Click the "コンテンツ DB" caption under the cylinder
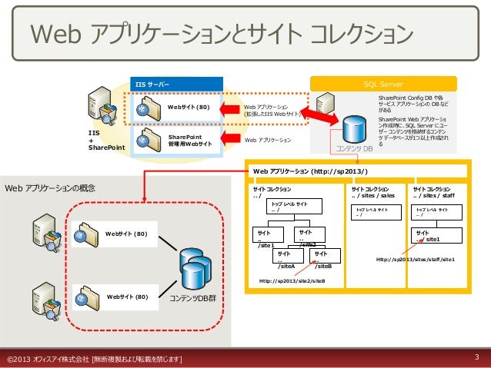(353, 148)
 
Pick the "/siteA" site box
(287, 260)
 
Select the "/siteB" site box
(322, 260)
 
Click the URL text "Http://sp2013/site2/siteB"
(292, 281)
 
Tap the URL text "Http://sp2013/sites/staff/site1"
(416, 260)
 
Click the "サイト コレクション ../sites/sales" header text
(373, 191)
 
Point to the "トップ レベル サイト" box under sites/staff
(434, 211)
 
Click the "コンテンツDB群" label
(193, 297)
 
